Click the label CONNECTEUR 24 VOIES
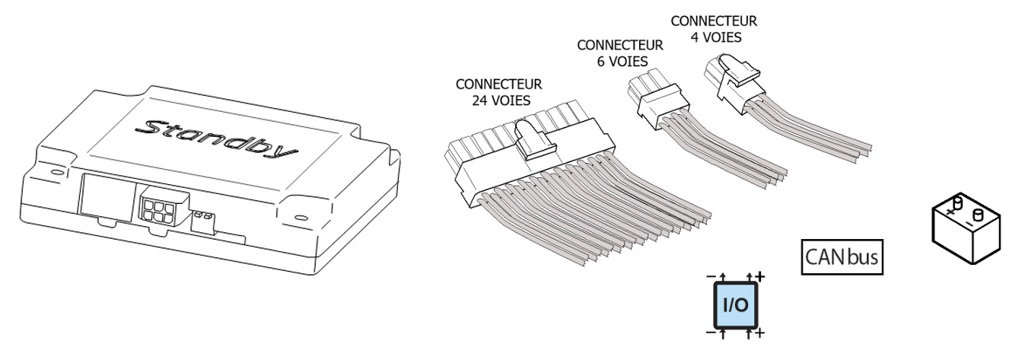click(498, 91)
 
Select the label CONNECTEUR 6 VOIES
click(619, 53)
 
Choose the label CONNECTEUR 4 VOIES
click(714, 28)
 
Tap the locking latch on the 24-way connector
click(530, 140)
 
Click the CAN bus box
click(842, 256)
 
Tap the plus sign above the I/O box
click(760, 276)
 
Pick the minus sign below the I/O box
click(709, 333)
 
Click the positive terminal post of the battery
click(958, 202)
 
